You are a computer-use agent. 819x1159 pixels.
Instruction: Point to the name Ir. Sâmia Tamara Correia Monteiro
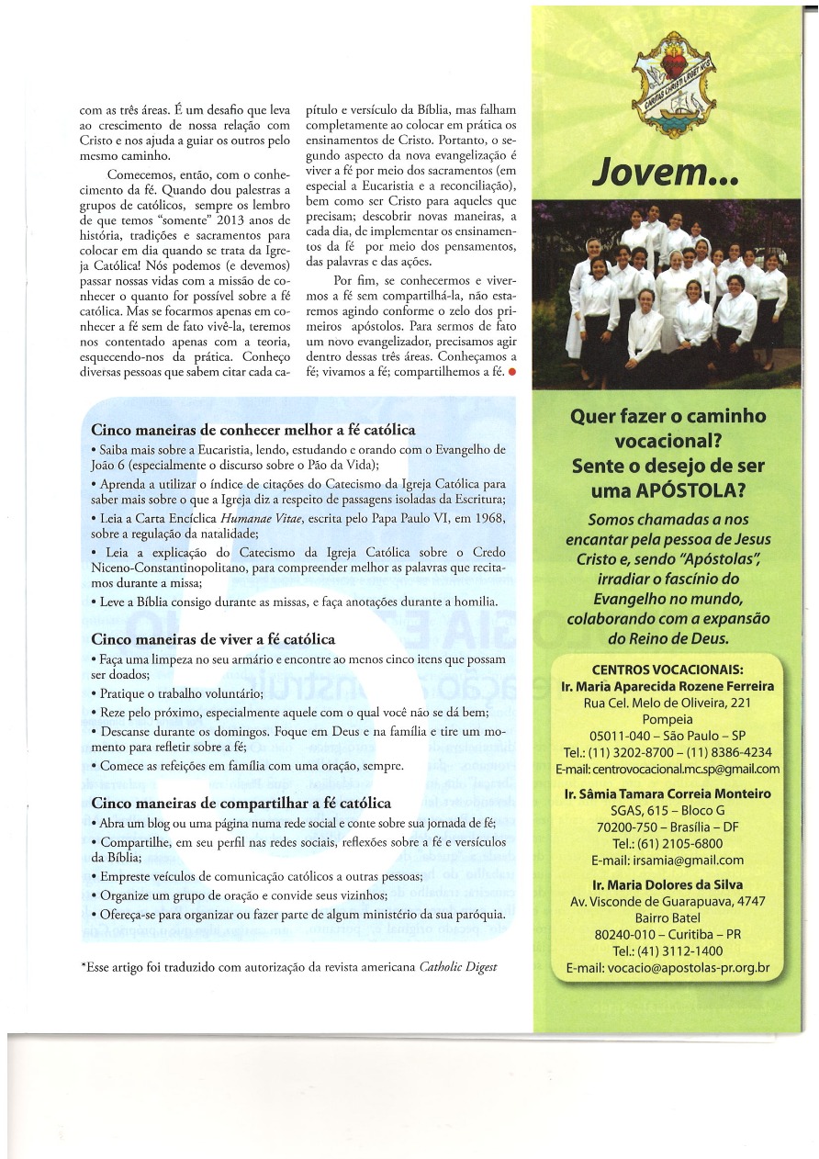point(668,793)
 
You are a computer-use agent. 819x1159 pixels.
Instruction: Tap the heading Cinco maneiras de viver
point(213,639)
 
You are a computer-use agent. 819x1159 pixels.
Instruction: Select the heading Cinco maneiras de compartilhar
point(241,803)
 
